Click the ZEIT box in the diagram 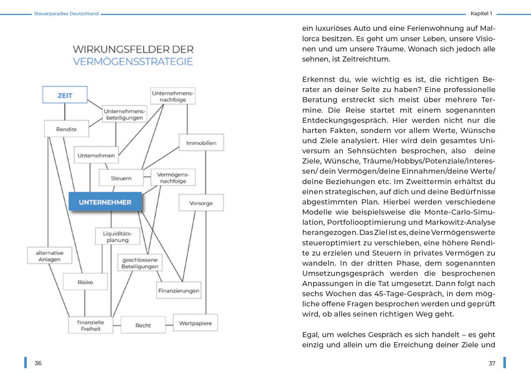coord(65,95)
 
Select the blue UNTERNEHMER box coord(105,202)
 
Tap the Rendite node coord(66,129)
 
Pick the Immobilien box coord(201,143)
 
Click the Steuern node coord(121,178)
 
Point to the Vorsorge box coord(201,203)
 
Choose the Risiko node coord(85,282)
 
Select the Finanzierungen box coord(179,290)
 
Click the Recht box coord(143,325)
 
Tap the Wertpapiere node coord(195,323)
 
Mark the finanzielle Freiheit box coord(91,325)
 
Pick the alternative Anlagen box coord(49,256)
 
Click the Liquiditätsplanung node coord(117,236)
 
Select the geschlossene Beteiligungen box coord(140,263)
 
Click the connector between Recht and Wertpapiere coord(169,325)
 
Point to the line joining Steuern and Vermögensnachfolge coord(147,177)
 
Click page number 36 coord(38,363)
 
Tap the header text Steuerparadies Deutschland coord(66,14)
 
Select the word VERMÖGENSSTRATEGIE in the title coord(133,62)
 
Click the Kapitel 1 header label coord(481,13)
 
